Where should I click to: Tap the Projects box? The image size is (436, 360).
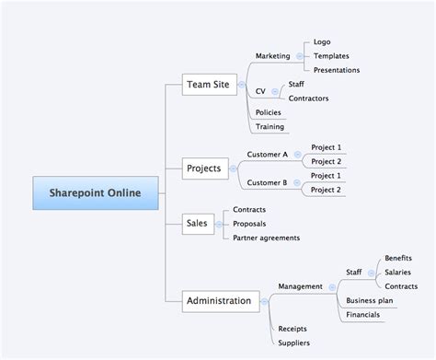click(205, 168)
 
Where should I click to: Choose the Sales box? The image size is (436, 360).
click(197, 223)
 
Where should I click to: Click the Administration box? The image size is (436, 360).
click(218, 300)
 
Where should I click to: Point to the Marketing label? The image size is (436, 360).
click(272, 55)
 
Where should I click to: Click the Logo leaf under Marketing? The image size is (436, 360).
click(322, 41)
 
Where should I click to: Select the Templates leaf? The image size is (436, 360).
click(331, 55)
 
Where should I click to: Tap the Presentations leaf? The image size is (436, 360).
click(337, 70)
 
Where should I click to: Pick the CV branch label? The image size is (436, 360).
click(260, 91)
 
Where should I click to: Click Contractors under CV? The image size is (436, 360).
click(309, 99)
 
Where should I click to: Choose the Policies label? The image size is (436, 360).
click(269, 112)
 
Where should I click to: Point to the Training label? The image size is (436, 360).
click(270, 127)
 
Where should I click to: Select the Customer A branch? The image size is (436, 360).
click(268, 155)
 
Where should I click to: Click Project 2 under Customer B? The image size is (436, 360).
click(326, 190)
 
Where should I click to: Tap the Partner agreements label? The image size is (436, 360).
click(266, 238)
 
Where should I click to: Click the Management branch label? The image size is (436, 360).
click(300, 286)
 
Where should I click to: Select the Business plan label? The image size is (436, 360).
click(369, 301)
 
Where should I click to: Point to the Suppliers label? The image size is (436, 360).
click(293, 343)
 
